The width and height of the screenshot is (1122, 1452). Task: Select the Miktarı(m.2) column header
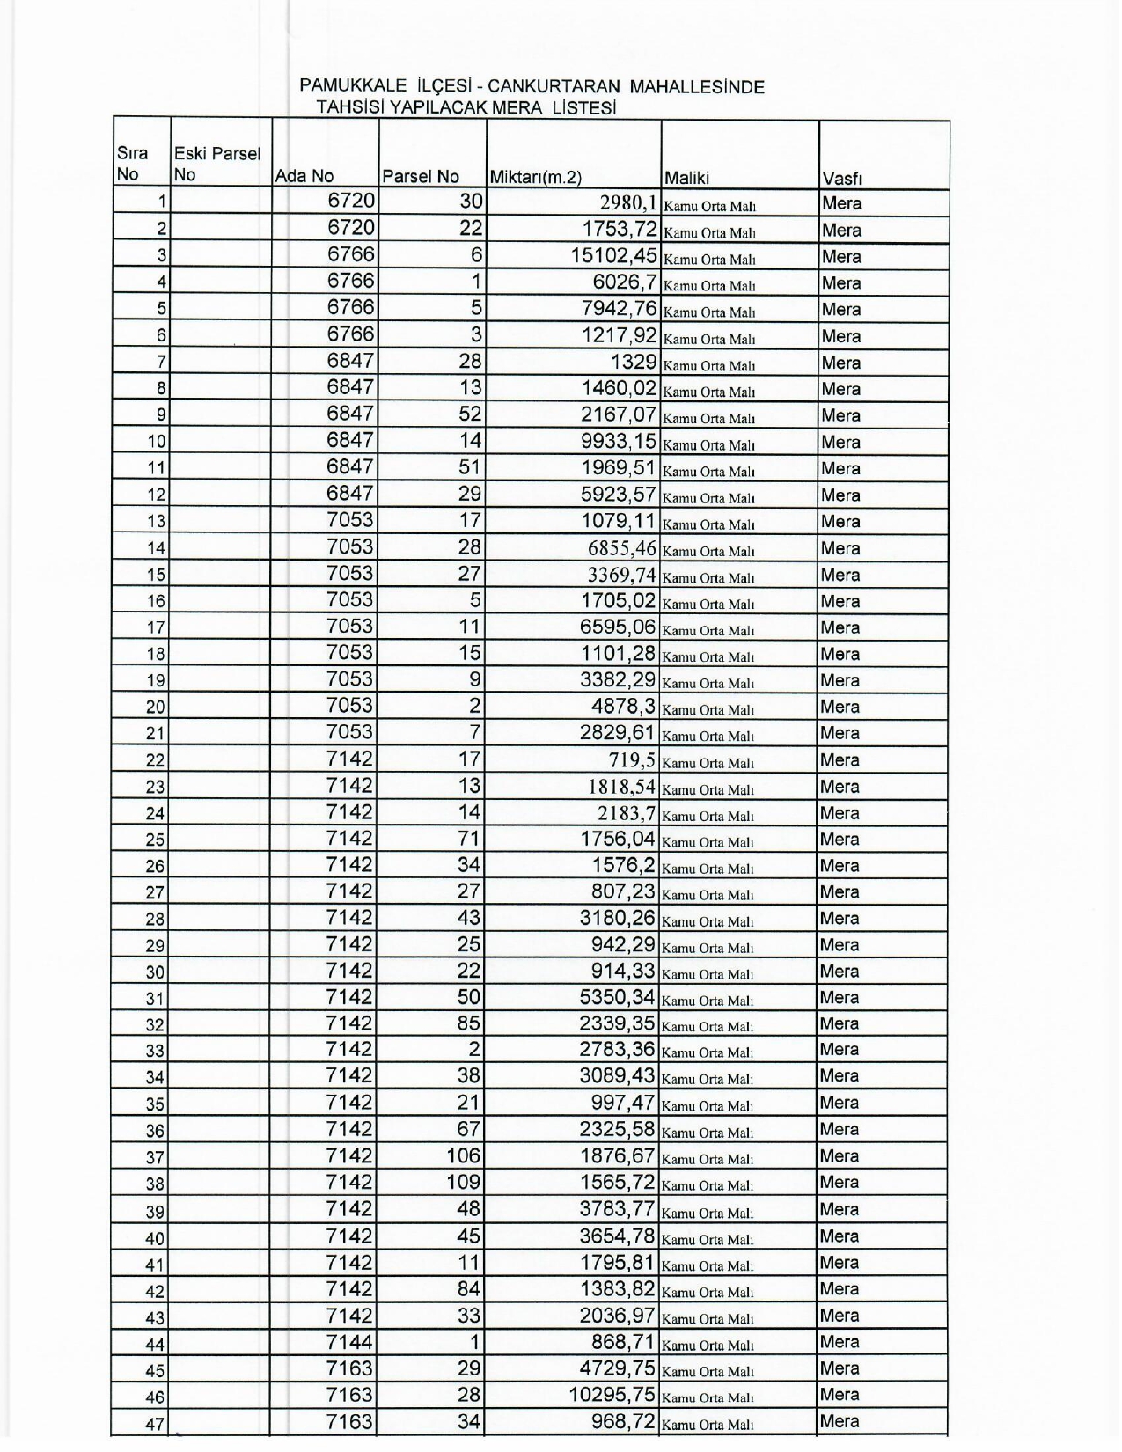point(536,177)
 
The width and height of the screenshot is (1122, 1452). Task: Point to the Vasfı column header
point(841,178)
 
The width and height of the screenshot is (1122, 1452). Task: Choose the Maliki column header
point(686,177)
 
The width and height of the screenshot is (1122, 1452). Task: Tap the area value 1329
point(634,362)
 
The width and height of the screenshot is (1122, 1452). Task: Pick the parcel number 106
point(464,1155)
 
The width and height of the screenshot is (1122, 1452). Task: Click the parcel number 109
point(464,1182)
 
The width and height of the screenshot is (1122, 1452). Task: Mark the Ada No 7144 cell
point(349,1342)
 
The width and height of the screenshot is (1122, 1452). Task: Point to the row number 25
point(155,840)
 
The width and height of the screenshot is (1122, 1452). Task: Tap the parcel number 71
point(470,839)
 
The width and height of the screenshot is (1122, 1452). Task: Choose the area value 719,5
point(633,759)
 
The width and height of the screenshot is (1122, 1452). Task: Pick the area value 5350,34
point(618,997)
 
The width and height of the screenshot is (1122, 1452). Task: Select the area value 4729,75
point(618,1368)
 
